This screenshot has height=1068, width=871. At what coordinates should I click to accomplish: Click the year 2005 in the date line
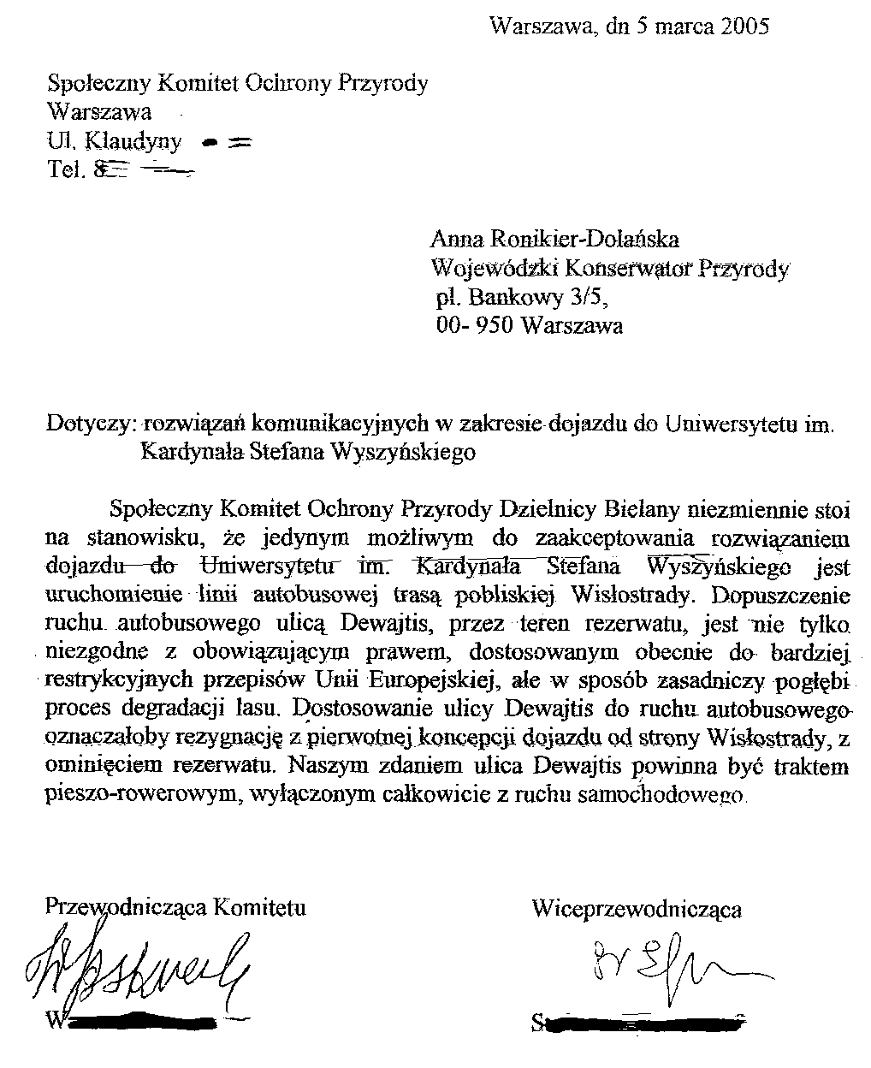(744, 27)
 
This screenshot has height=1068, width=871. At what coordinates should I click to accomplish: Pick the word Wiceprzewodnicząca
(636, 909)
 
